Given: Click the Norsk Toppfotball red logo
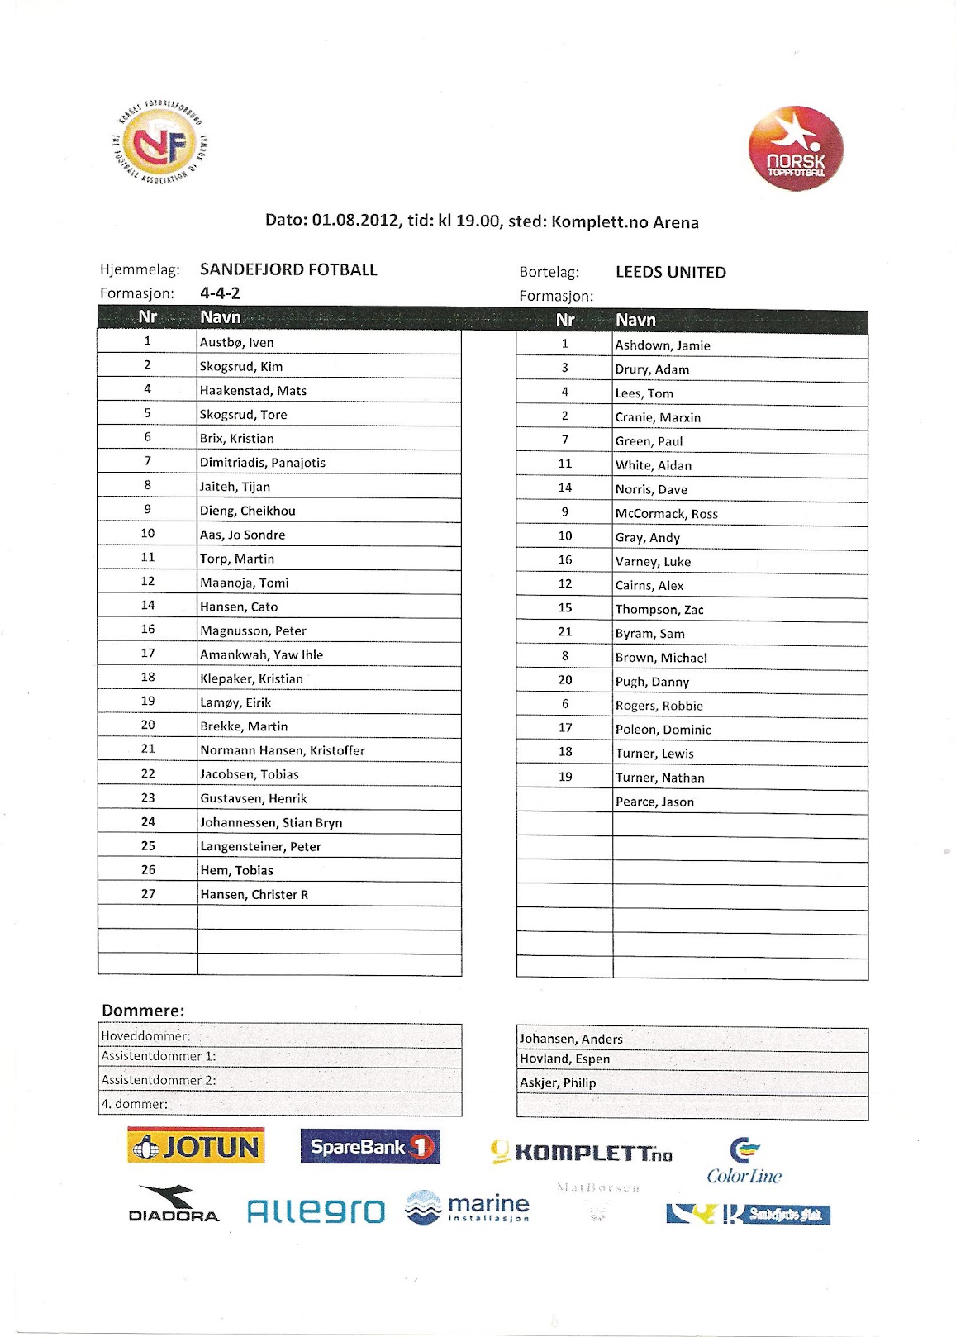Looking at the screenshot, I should coord(795,148).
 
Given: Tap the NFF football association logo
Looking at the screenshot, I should coord(159,142).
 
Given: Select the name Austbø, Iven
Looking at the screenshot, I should coord(236,342).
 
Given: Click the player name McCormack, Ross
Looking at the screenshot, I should coord(666,513).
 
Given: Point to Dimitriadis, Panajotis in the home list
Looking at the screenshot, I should coord(262,462).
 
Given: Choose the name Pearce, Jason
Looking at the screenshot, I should coord(654,802).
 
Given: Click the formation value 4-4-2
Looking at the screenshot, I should coord(220,293).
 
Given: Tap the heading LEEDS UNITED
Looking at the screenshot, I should coord(670,272).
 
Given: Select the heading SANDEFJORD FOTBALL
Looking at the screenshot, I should coord(288,269).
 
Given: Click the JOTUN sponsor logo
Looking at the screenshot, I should coord(197,1146).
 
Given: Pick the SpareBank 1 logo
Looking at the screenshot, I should coord(370,1146).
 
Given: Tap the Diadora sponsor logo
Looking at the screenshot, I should coord(174,1205).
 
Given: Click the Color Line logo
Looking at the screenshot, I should coord(744,1162).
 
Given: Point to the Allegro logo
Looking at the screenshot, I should coord(316,1211).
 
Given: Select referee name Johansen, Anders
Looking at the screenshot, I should coord(571,1039).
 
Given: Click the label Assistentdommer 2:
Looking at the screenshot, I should coord(158,1079).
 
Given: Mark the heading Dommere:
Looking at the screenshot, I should coord(143,1010).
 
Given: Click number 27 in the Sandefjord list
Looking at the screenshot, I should coord(148,893).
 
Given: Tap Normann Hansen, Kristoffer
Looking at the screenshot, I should coord(282,750).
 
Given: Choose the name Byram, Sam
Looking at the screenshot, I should coord(649,633).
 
